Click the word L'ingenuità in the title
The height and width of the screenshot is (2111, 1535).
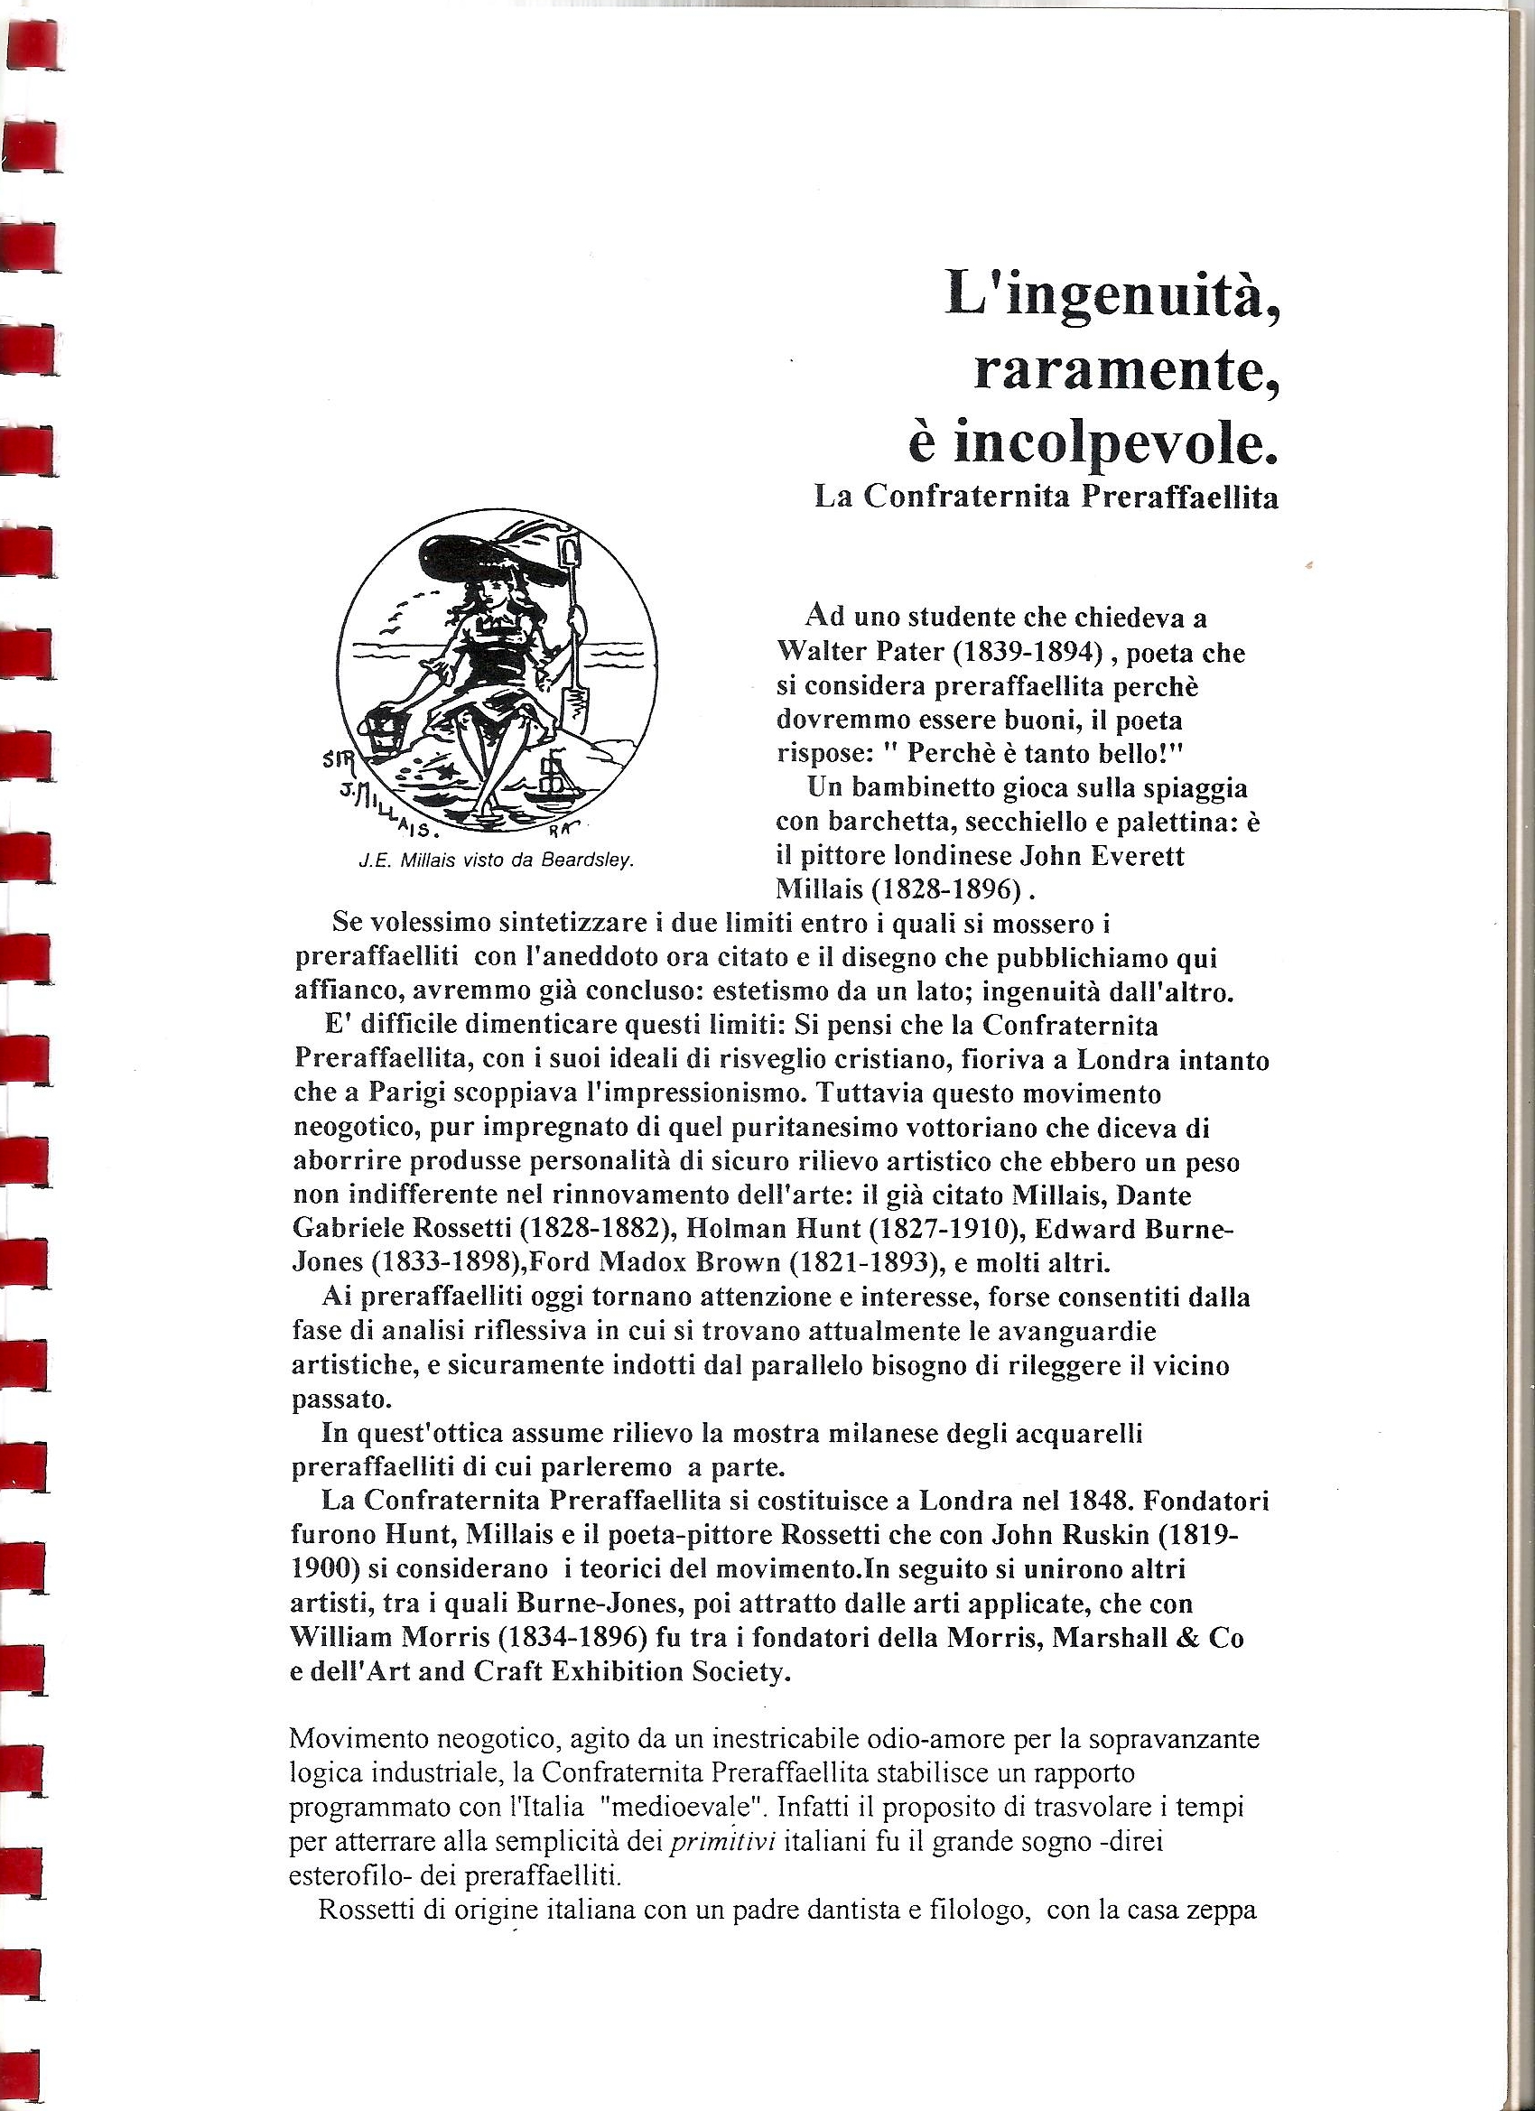pos(1108,297)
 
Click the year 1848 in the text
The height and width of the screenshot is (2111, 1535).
pos(1086,1502)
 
